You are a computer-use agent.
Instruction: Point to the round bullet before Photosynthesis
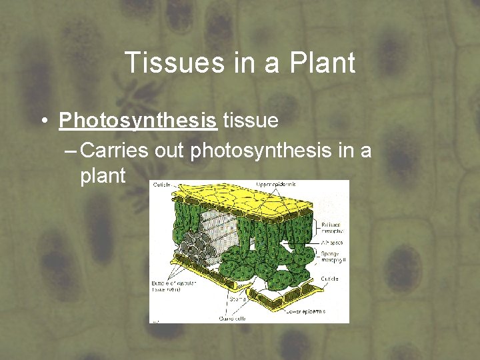[x=42, y=121]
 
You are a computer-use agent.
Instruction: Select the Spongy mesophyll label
[x=331, y=257]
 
